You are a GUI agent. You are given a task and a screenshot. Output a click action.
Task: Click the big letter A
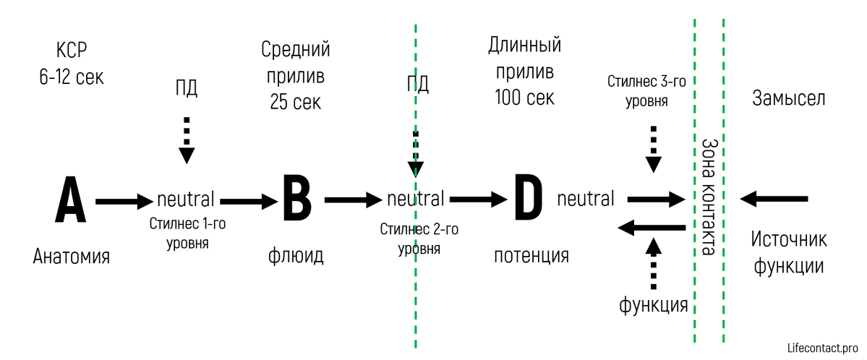71,199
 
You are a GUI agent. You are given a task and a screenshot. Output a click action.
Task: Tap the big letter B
297,199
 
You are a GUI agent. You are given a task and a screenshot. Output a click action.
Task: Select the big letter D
525,199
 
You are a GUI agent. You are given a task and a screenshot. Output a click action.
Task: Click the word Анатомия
72,257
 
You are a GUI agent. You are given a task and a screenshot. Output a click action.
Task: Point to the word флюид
295,256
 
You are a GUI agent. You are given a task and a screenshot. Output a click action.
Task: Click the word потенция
531,256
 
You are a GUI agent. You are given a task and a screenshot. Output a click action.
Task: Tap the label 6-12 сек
72,77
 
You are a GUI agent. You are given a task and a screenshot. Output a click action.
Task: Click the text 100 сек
525,98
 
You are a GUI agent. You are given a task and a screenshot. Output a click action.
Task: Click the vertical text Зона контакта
709,197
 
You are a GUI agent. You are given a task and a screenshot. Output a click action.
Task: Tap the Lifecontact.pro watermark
822,348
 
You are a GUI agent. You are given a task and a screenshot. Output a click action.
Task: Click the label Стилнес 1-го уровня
188,233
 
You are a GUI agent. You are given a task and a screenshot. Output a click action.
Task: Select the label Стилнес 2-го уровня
419,239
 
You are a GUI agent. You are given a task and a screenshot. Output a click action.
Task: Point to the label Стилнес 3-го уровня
647,93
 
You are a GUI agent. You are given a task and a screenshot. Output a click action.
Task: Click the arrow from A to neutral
124,201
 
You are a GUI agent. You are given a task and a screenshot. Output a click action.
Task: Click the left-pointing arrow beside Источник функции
774,198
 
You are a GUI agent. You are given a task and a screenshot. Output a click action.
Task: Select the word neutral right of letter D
586,198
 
